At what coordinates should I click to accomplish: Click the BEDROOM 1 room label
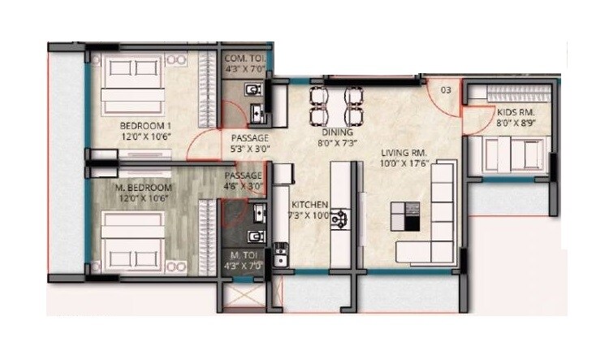[145, 126]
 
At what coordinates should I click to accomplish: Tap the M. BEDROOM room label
[143, 188]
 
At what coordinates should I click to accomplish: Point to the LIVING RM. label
[404, 153]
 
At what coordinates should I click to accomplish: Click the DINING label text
[336, 132]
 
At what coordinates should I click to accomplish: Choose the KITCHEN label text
[309, 204]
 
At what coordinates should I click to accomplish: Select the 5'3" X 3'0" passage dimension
[249, 149]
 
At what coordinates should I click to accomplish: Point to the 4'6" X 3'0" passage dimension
[244, 186]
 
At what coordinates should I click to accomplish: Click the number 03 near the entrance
[445, 89]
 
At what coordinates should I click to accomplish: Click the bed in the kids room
[512, 152]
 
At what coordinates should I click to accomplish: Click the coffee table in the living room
[405, 216]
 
